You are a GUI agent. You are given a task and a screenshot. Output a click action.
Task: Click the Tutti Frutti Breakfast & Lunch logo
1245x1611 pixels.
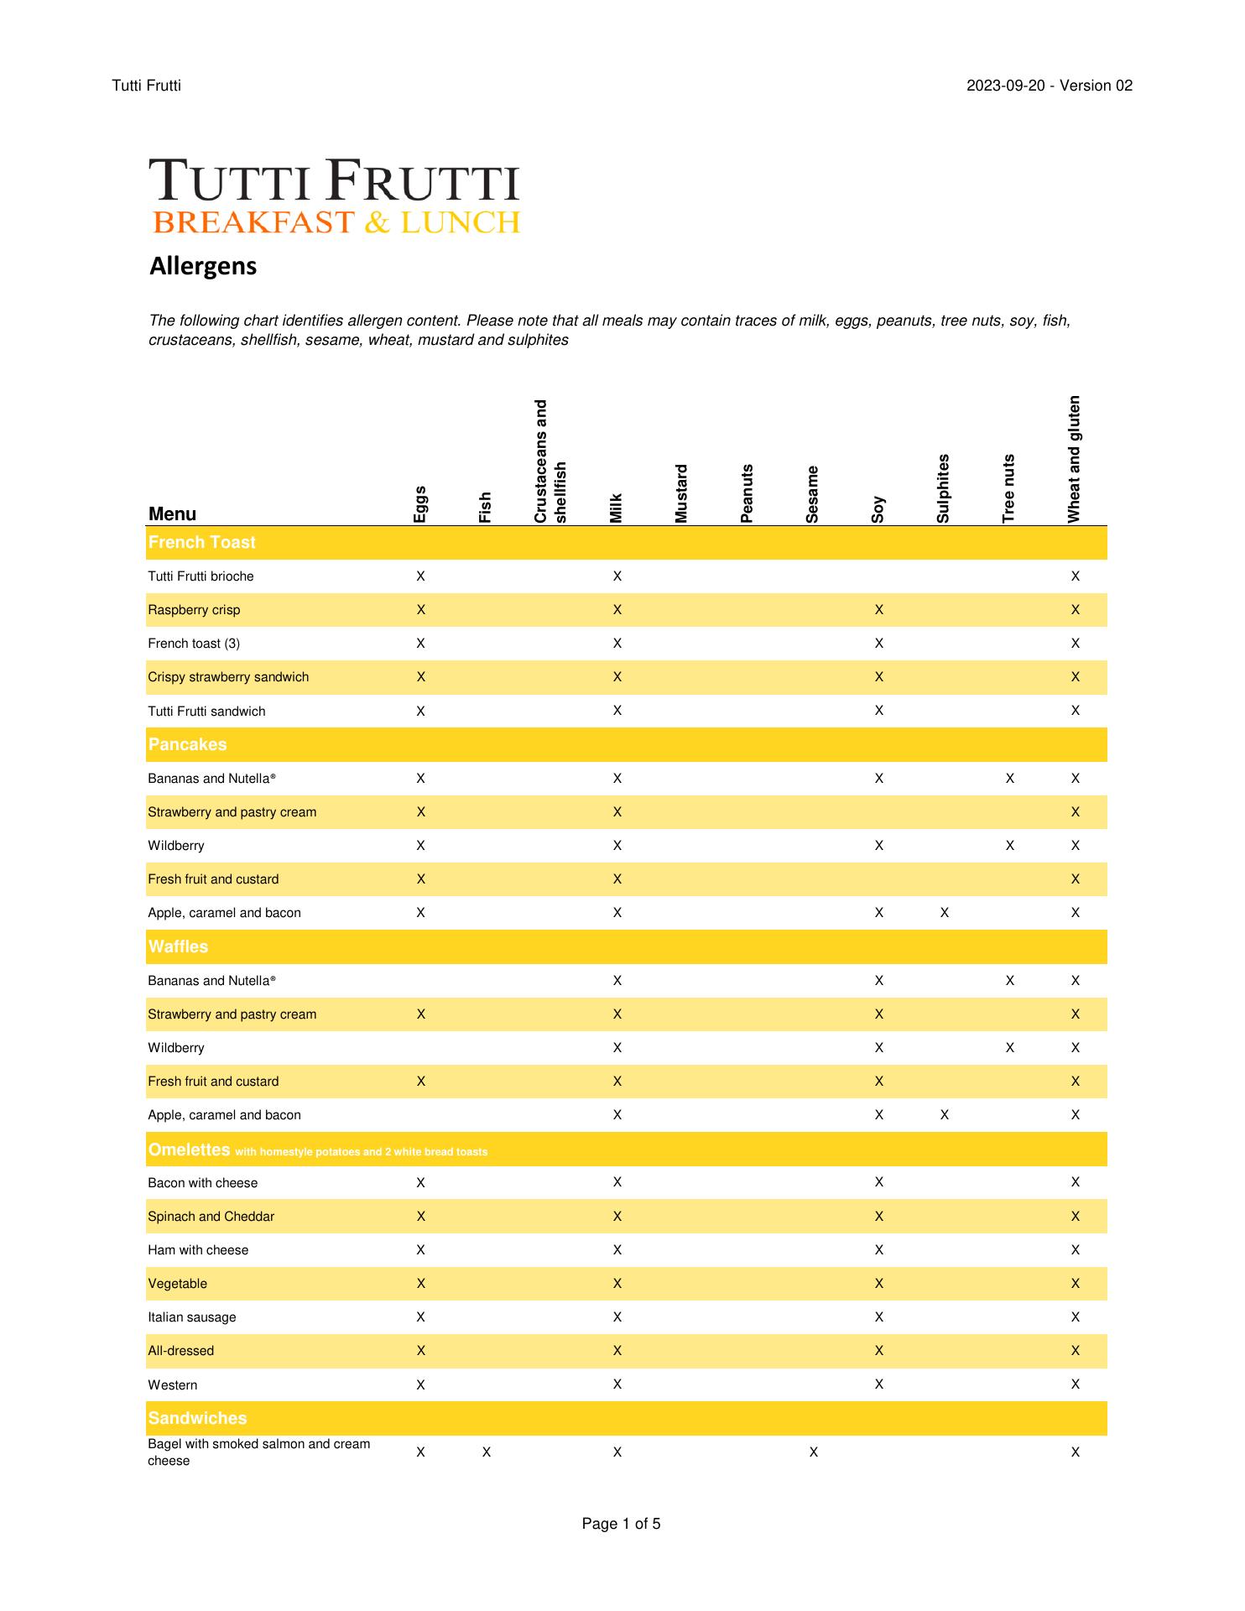tap(335, 196)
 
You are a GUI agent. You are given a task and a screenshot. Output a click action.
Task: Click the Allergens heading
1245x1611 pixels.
tap(203, 266)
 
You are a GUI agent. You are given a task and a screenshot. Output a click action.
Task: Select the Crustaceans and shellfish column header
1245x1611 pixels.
tap(550, 461)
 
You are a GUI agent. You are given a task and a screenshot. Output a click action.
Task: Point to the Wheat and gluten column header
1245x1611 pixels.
tap(1074, 459)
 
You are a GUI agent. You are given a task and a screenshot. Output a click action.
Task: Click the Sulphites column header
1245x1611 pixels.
tap(943, 488)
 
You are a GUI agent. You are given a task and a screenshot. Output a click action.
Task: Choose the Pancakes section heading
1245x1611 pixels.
tap(187, 744)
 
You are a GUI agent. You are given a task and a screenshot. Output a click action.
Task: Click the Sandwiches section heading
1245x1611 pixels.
tap(197, 1418)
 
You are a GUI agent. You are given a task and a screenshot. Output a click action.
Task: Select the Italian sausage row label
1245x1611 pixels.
tap(192, 1317)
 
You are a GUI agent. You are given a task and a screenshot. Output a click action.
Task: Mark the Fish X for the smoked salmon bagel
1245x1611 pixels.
tap(487, 1452)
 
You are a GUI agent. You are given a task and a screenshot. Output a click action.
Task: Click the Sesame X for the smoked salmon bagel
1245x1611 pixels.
tap(813, 1452)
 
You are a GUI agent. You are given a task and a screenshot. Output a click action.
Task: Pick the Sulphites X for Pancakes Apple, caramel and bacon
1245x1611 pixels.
tap(944, 913)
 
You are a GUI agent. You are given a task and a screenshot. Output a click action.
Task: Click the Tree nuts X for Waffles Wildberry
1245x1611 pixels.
tap(1009, 1048)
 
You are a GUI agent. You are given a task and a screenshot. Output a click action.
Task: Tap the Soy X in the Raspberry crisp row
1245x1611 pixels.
tap(878, 610)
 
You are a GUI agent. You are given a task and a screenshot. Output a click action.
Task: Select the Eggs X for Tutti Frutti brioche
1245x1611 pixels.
tap(420, 576)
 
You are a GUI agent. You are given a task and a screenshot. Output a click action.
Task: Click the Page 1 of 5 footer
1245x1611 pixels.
tap(621, 1524)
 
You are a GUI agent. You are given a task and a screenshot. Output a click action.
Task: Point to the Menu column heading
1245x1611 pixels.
tap(172, 514)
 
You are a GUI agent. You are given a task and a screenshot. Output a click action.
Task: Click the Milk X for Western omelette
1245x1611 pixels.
tap(617, 1384)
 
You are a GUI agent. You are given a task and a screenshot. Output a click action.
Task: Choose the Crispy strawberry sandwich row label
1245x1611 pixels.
tap(228, 677)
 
